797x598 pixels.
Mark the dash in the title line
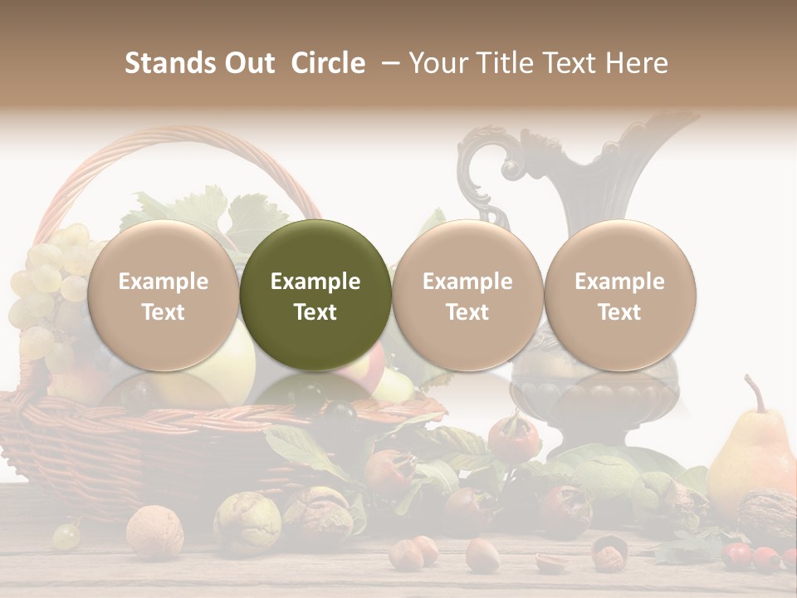point(387,63)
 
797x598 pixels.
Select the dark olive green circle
point(315,295)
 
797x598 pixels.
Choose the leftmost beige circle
point(163,295)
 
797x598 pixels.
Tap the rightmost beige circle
point(619,295)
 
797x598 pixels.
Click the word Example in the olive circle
point(315,282)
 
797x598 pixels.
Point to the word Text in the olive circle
point(315,312)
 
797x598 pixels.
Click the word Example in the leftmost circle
point(163,282)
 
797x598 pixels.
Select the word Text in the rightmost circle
point(619,312)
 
